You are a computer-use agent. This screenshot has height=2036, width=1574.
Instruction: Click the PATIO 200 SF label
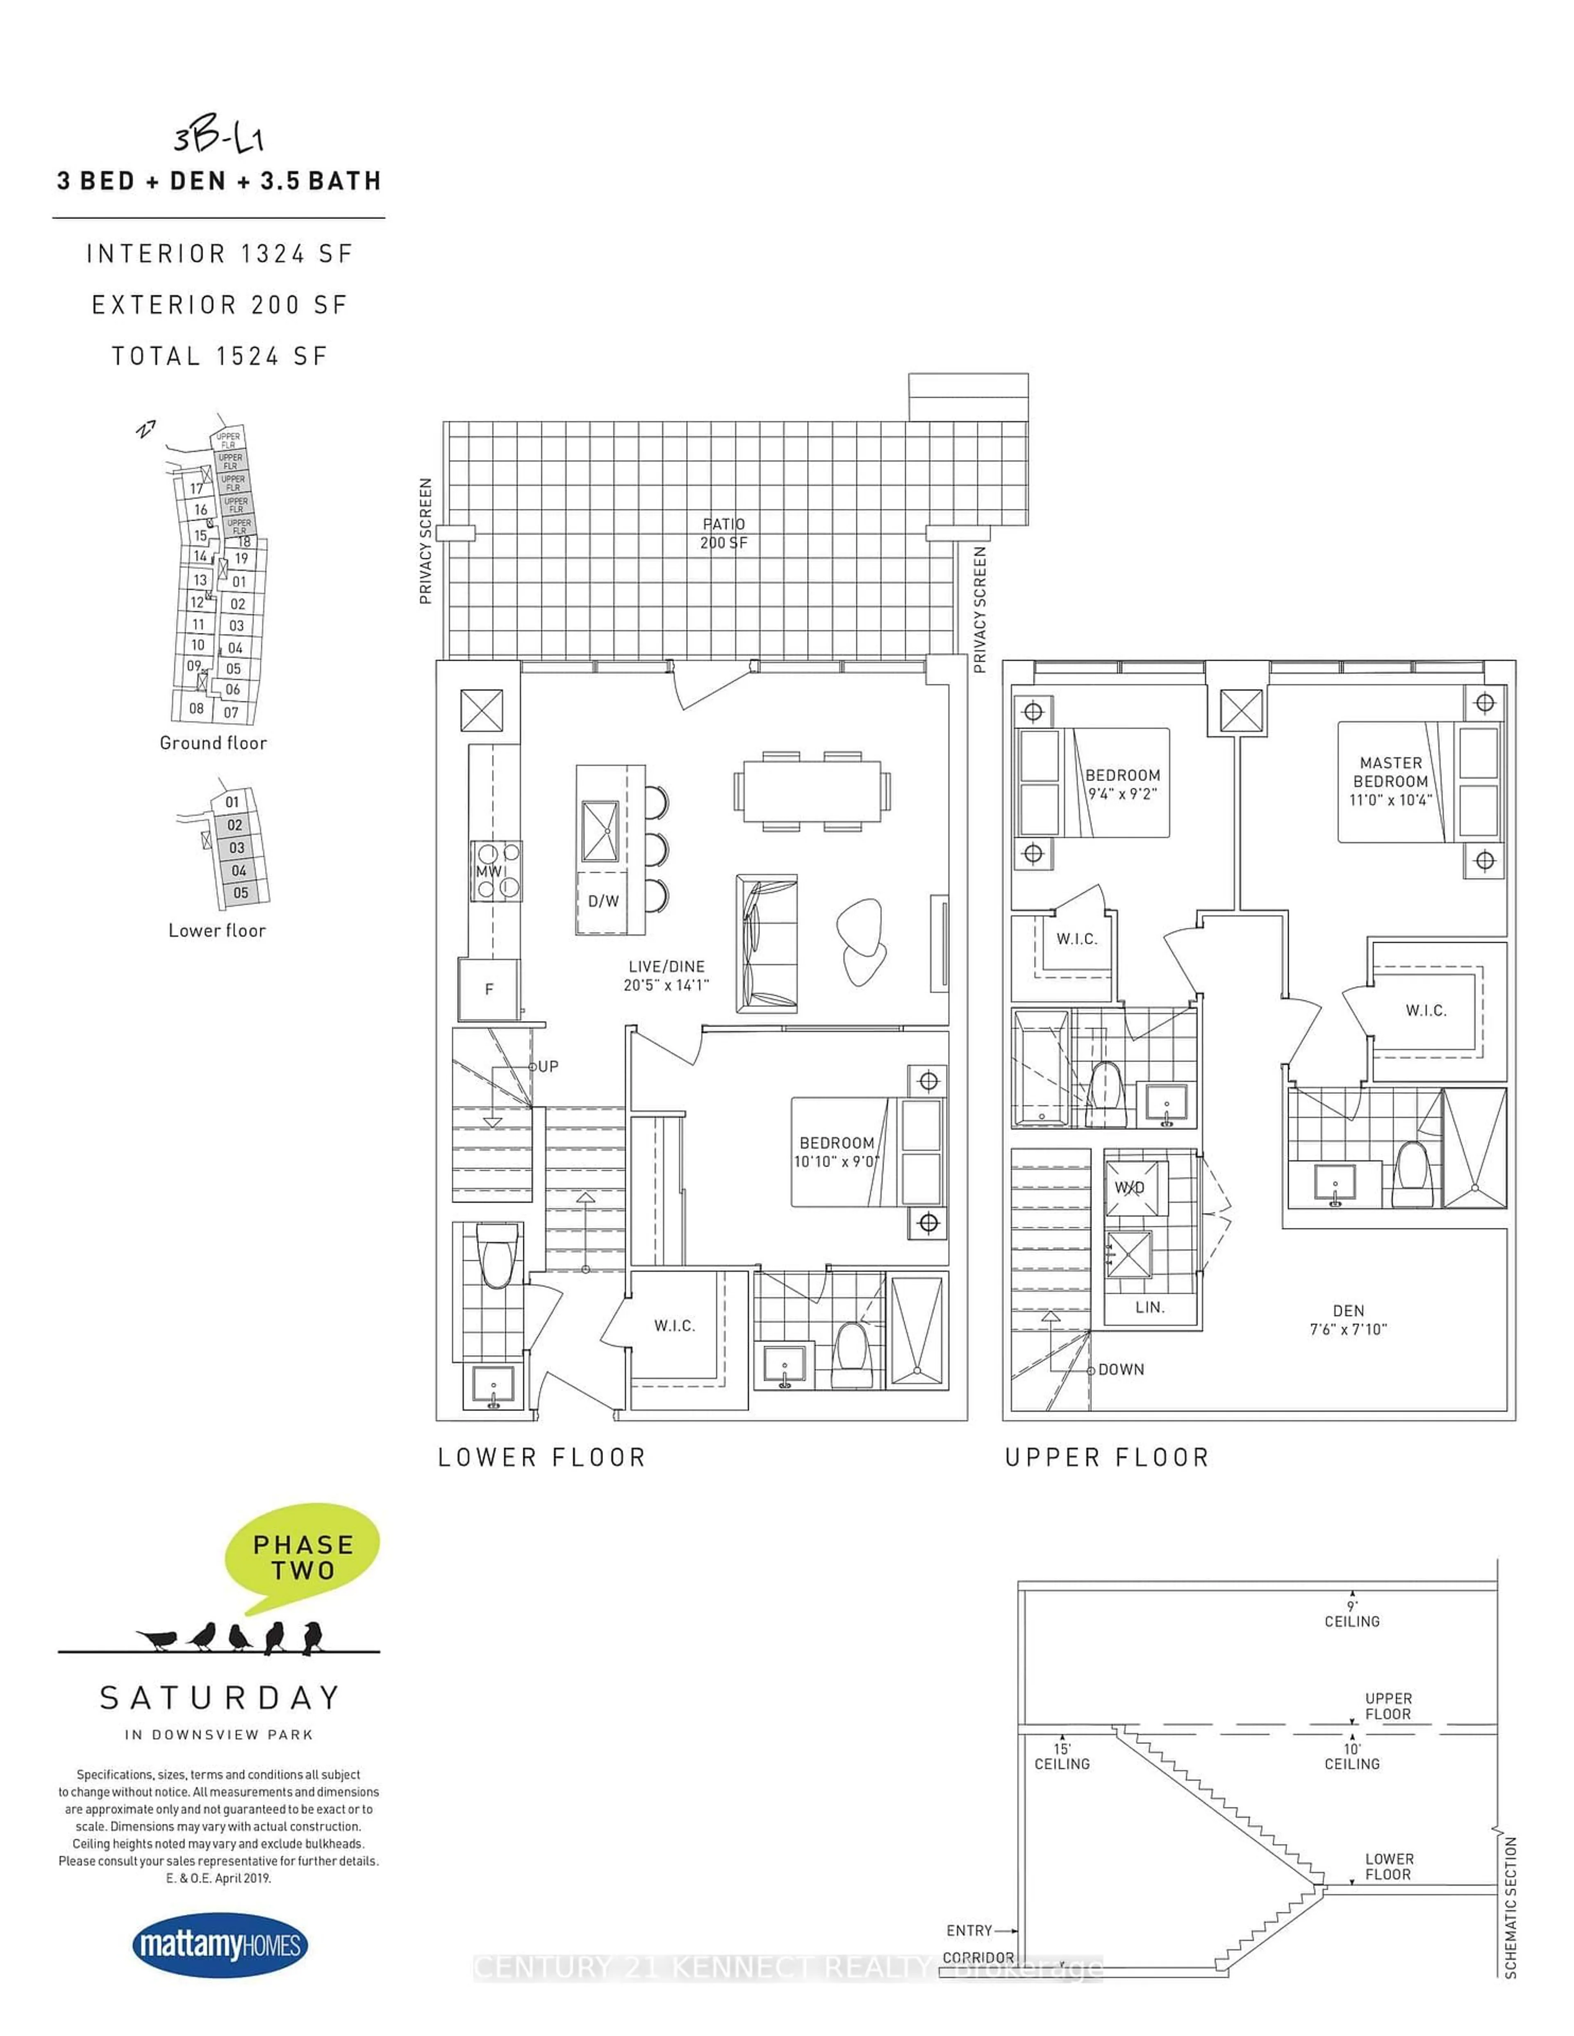[723, 533]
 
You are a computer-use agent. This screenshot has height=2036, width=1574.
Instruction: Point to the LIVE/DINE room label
[666, 975]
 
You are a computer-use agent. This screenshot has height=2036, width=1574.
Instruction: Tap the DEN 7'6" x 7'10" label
[1348, 1320]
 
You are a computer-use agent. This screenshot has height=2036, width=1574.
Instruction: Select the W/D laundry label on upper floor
[1130, 1188]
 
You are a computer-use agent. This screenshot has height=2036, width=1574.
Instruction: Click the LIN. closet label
[1150, 1307]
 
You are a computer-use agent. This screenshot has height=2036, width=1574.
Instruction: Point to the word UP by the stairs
[548, 1066]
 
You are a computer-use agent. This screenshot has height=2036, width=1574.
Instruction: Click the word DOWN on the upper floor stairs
[1121, 1370]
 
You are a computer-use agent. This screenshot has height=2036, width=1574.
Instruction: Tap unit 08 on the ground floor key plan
[196, 709]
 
